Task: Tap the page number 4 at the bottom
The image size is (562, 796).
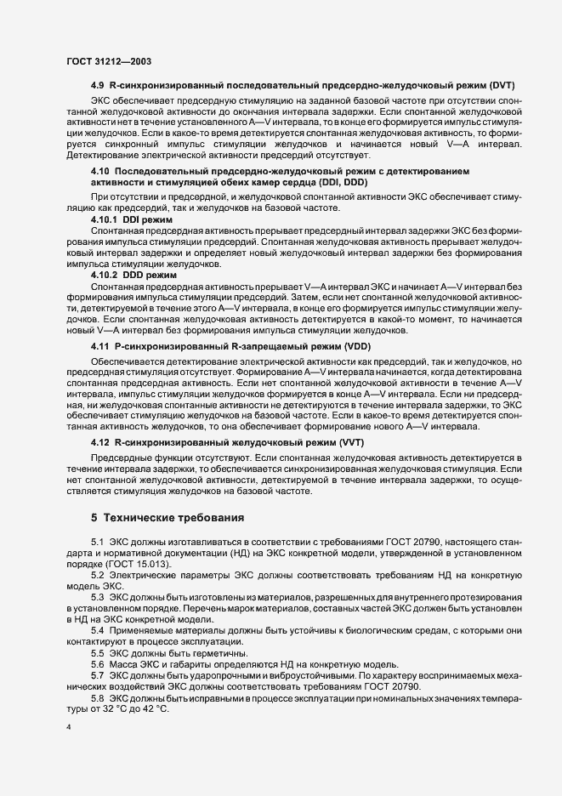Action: point(69,730)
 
